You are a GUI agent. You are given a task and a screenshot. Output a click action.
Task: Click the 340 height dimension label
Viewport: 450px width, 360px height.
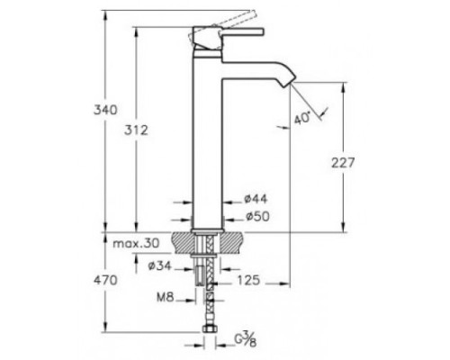[105, 110]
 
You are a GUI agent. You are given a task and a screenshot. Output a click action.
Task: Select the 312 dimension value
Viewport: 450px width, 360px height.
[136, 130]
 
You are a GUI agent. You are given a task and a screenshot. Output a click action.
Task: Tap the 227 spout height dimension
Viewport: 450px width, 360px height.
[343, 163]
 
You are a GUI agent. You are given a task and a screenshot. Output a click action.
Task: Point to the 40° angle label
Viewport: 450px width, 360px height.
[302, 118]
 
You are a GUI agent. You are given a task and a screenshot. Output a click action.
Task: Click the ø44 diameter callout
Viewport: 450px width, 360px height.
[256, 199]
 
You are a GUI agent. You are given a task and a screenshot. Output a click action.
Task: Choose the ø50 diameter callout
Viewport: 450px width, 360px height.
[257, 216]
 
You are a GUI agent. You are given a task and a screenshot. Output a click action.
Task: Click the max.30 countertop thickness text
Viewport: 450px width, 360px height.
[136, 243]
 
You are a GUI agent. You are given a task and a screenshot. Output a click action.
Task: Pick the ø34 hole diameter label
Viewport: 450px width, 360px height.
[160, 265]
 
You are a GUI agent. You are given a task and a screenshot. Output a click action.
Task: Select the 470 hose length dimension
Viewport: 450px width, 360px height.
[105, 281]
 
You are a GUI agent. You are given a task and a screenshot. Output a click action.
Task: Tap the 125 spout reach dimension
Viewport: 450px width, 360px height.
[248, 281]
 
